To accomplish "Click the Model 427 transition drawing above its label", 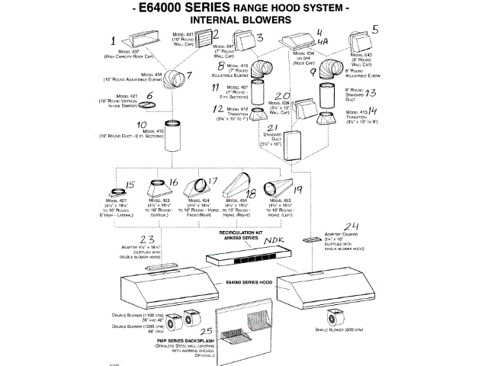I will [120, 190].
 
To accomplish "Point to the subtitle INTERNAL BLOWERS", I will [244, 30].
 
